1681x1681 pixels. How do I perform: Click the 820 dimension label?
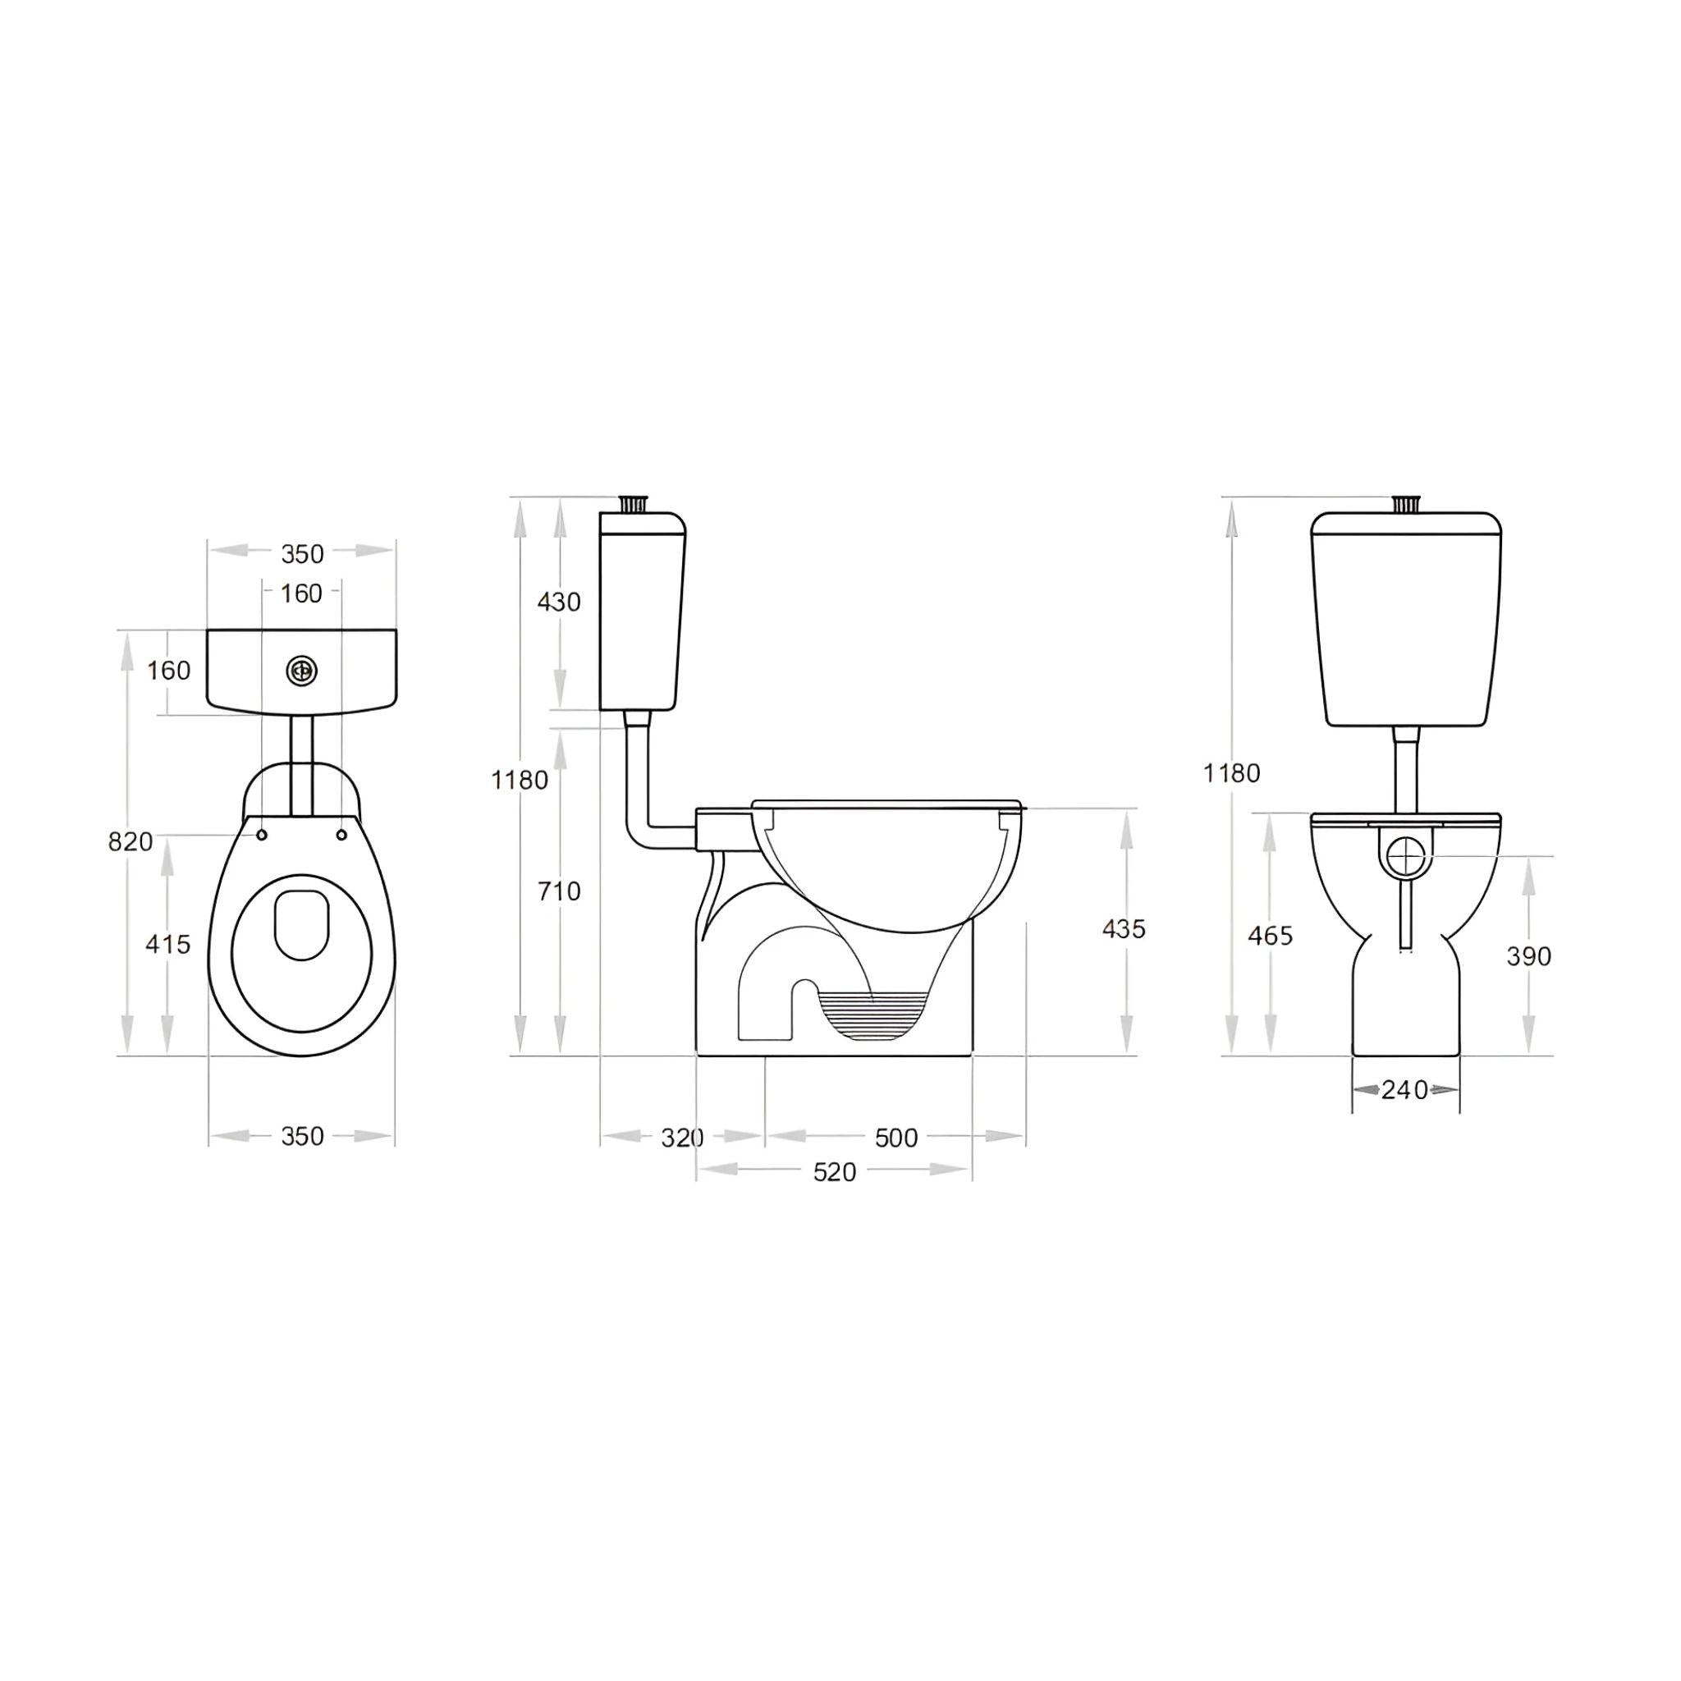point(131,841)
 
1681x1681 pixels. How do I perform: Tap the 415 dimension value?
point(167,944)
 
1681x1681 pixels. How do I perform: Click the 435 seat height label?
point(1124,929)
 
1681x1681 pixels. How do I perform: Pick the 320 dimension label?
point(682,1137)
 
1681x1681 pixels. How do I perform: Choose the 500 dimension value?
point(896,1137)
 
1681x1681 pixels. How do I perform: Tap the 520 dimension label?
point(835,1172)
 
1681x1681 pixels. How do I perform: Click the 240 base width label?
point(1405,1089)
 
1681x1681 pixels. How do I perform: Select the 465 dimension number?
point(1271,937)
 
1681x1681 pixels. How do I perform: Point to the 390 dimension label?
point(1528,956)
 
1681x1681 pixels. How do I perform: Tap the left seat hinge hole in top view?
point(261,835)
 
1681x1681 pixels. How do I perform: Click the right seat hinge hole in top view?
point(342,835)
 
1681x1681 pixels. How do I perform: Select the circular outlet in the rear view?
point(1404,856)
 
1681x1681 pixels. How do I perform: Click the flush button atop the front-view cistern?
point(1405,504)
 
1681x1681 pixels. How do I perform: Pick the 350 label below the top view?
point(302,1136)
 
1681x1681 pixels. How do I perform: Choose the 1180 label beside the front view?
point(1232,772)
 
